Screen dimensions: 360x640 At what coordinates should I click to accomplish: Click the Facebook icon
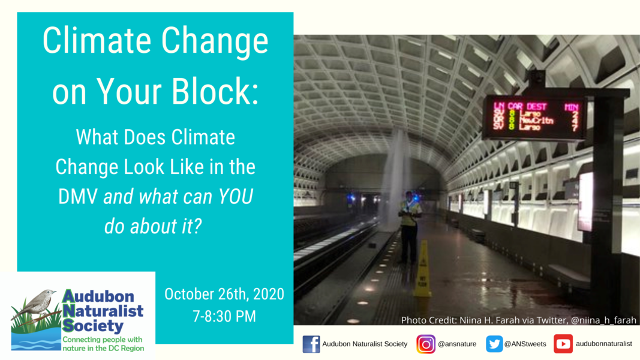[x=311, y=344]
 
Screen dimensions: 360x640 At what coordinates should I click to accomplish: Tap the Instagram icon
[x=426, y=344]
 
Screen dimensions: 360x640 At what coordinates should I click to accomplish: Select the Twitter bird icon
[x=494, y=344]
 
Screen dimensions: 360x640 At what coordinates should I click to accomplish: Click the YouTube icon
[x=563, y=344]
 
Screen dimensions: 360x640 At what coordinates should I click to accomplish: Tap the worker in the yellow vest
[x=410, y=226]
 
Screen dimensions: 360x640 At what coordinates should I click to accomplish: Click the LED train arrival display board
[x=534, y=118]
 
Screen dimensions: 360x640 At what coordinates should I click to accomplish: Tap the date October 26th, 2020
[x=224, y=295]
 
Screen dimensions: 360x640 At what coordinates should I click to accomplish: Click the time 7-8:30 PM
[x=224, y=316]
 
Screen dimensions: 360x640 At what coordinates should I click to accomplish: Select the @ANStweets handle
[x=525, y=344]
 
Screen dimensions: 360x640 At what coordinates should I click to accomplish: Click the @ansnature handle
[x=457, y=344]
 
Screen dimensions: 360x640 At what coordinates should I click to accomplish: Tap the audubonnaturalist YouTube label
[x=603, y=344]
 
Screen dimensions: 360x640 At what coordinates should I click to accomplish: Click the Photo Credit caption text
[x=518, y=320]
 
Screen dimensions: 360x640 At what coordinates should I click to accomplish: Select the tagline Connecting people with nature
[x=103, y=344]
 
